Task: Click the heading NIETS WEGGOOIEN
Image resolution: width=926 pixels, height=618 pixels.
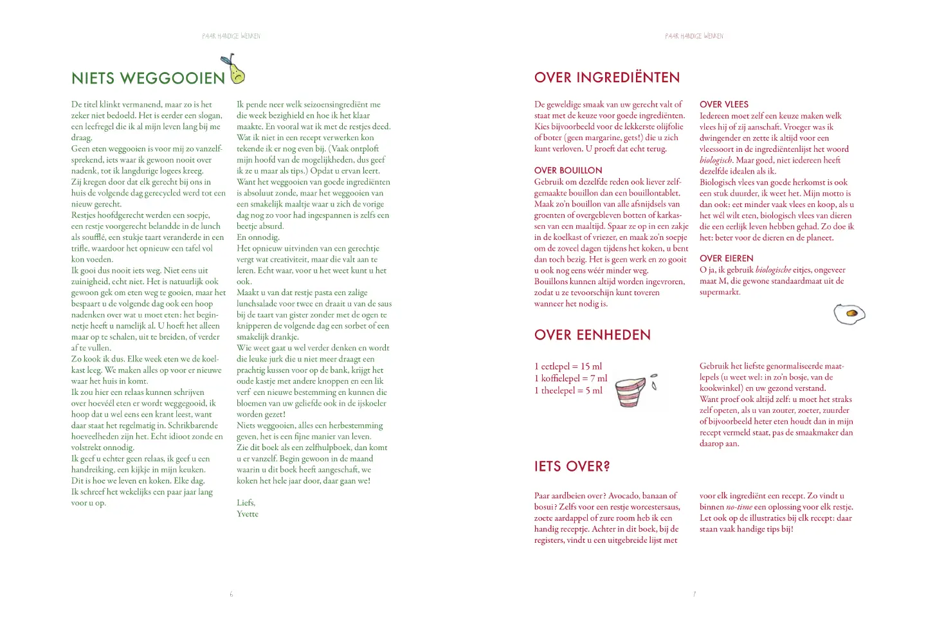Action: pyautogui.click(x=148, y=78)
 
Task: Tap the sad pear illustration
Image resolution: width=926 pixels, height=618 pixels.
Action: pyautogui.click(x=235, y=71)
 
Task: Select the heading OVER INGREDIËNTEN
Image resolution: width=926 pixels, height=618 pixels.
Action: pyautogui.click(x=606, y=78)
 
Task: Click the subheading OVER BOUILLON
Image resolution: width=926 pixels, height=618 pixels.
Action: pyautogui.click(x=568, y=170)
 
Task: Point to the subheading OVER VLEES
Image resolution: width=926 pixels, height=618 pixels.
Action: pyautogui.click(x=723, y=104)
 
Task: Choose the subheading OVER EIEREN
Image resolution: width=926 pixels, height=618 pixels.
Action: pyautogui.click(x=726, y=259)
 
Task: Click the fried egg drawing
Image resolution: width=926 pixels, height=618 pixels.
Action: pyautogui.click(x=849, y=314)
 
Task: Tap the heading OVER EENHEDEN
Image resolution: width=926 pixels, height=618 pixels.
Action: pyautogui.click(x=592, y=335)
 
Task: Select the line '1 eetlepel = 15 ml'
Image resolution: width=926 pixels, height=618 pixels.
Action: pyautogui.click(x=568, y=367)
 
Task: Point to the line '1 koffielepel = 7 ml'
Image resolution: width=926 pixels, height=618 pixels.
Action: pyautogui.click(x=570, y=379)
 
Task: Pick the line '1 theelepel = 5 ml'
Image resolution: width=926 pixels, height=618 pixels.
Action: pyautogui.click(x=568, y=390)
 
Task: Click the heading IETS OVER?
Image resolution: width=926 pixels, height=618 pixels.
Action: pyautogui.click(x=572, y=466)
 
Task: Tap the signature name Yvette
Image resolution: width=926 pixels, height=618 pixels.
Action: pyautogui.click(x=248, y=514)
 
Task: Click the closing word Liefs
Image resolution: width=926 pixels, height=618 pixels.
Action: pyautogui.click(x=246, y=503)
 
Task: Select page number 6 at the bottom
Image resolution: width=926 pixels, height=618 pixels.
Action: pyautogui.click(x=232, y=594)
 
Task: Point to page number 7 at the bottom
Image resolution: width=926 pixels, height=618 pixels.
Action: pyautogui.click(x=694, y=594)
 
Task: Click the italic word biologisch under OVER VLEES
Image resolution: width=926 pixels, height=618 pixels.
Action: pyautogui.click(x=716, y=160)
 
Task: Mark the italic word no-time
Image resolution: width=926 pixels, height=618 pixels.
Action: pyautogui.click(x=739, y=507)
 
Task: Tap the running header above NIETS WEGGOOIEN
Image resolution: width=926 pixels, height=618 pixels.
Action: pyautogui.click(x=232, y=36)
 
